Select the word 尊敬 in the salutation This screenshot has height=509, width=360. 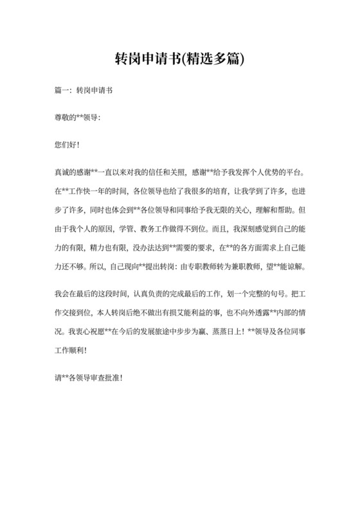pyautogui.click(x=62, y=118)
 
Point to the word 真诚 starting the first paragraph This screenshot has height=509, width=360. pyautogui.click(x=62, y=173)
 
